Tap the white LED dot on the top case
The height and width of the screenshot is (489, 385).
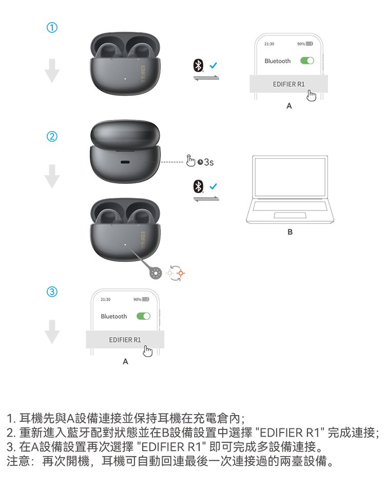tap(126, 79)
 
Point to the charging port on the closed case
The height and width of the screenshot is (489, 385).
tap(125, 161)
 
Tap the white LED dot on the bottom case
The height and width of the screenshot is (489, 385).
tap(126, 245)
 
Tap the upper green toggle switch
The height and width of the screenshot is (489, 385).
tap(307, 61)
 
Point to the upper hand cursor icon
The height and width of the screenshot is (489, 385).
tap(311, 95)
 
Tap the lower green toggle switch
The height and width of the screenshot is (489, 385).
tap(144, 316)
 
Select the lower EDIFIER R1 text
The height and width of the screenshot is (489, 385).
tap(125, 340)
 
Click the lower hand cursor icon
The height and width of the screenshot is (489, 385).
tap(147, 351)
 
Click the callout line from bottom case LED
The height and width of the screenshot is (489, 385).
tap(134, 252)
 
